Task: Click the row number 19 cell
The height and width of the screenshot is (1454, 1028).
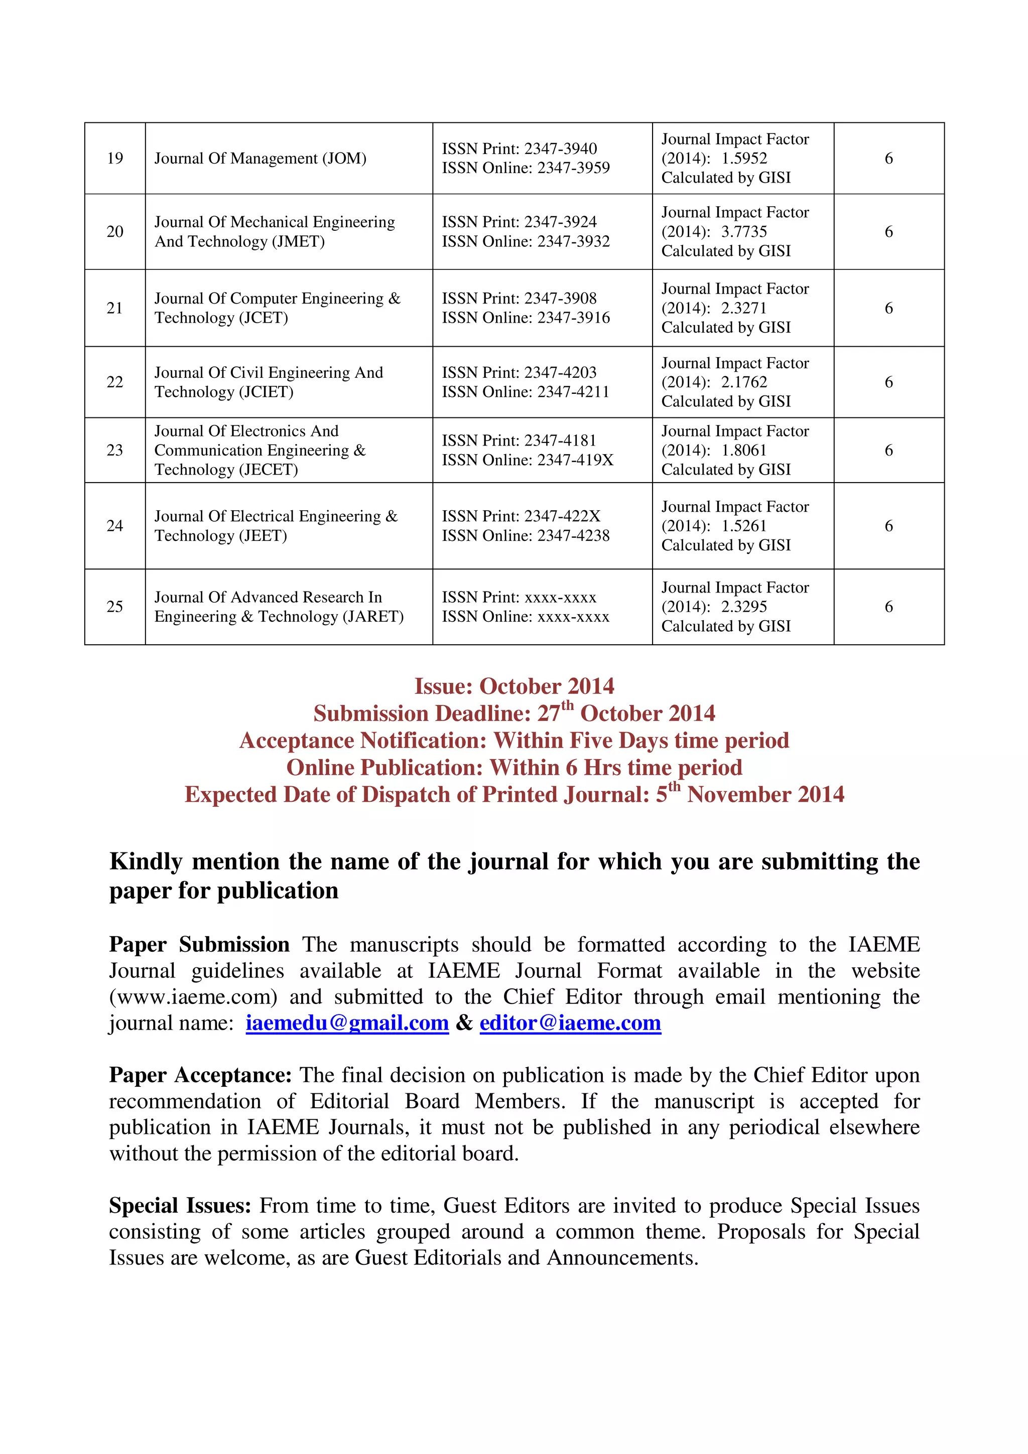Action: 114,159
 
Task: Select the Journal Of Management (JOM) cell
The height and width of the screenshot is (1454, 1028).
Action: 261,159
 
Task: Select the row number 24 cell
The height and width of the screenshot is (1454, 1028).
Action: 114,526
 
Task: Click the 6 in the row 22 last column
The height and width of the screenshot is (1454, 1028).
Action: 888,382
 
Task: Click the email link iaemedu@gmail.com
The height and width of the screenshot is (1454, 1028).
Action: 347,1024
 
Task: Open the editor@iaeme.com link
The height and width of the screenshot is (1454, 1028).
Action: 570,1024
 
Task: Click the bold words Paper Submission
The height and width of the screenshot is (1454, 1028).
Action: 199,945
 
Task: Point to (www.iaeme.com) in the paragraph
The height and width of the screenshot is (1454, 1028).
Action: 193,997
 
